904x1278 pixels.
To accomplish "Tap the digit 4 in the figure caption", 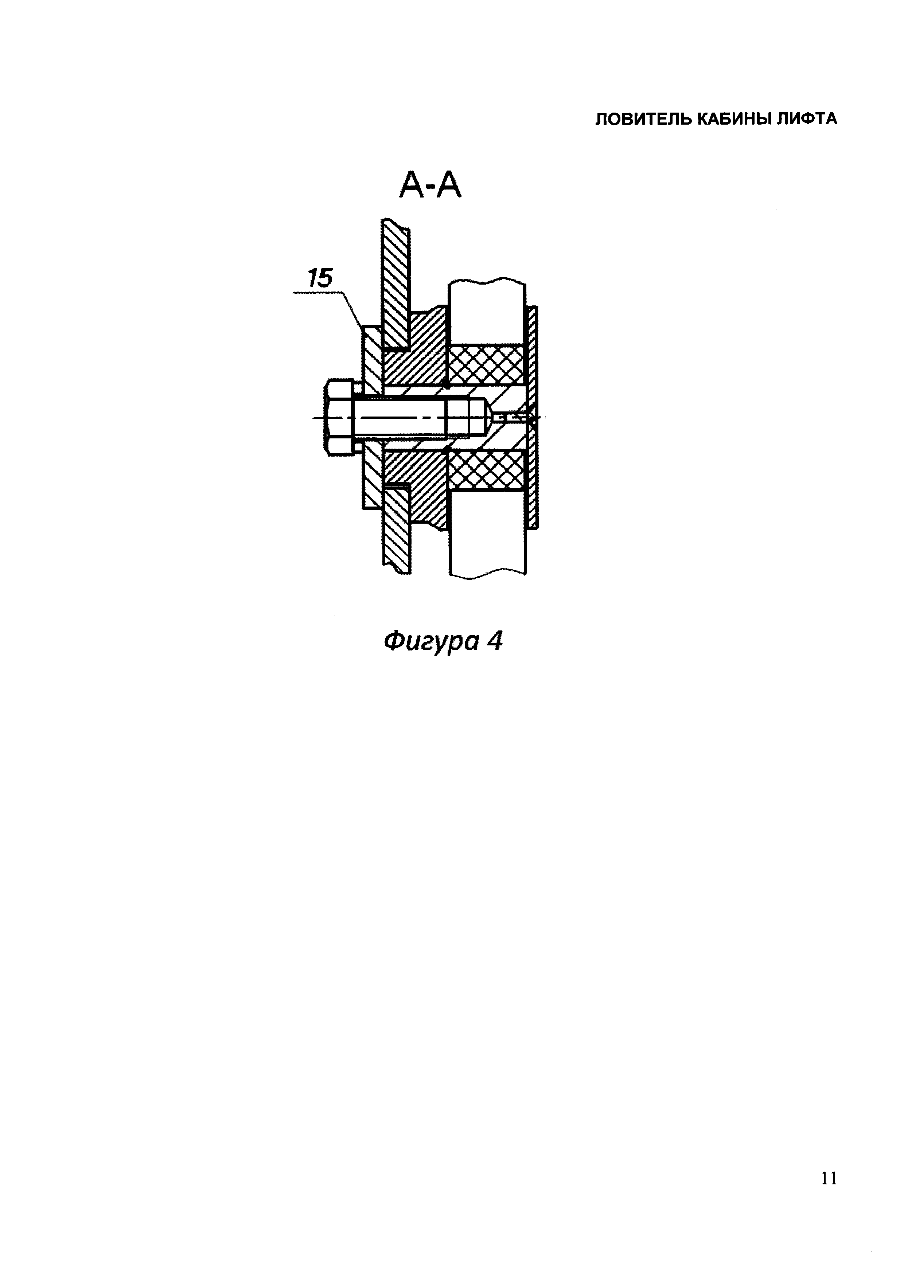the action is (494, 642).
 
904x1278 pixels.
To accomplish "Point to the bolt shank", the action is (412, 418).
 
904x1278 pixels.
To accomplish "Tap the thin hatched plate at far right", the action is (533, 418).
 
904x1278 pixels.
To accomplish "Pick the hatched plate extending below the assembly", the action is (396, 529).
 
